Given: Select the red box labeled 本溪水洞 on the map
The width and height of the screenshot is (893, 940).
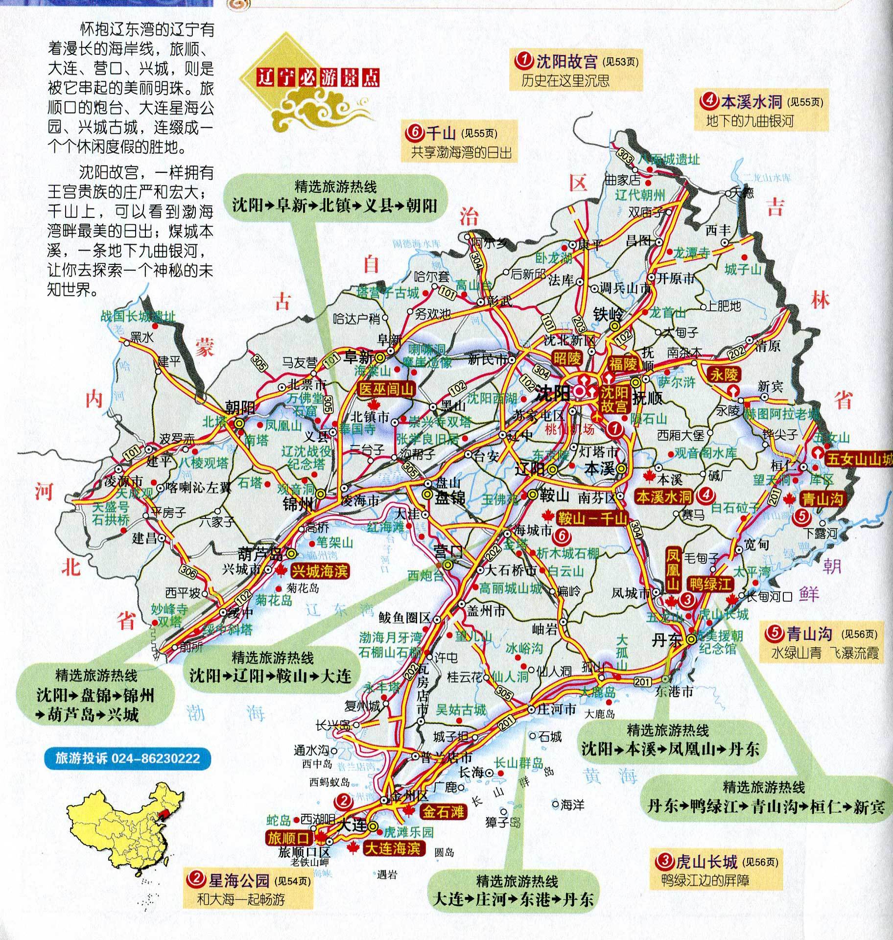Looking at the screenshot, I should [664, 497].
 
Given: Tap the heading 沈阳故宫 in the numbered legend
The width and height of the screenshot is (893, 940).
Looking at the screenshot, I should [567, 62].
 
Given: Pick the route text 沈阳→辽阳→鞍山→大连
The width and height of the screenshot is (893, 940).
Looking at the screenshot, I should [271, 676].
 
